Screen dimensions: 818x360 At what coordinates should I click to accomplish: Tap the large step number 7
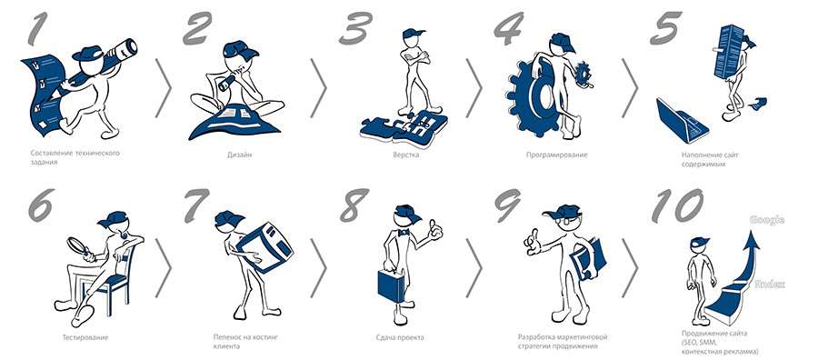[196, 204]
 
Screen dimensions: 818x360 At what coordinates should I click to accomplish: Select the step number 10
[677, 205]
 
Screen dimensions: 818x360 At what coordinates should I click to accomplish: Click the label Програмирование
[556, 155]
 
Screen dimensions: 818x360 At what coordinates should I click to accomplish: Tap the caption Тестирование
[78, 337]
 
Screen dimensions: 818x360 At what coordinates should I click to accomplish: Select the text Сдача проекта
[400, 337]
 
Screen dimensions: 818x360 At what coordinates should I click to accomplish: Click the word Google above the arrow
[766, 220]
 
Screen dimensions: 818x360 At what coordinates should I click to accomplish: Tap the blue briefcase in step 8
[391, 284]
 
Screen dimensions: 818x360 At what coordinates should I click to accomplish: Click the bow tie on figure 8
[403, 232]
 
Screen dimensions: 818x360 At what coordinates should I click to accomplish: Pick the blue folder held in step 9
[588, 259]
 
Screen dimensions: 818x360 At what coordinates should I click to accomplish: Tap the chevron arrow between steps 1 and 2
[164, 87]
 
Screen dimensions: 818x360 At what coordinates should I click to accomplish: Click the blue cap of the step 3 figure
[413, 34]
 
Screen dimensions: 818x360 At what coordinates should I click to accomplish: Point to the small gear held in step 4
[583, 74]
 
